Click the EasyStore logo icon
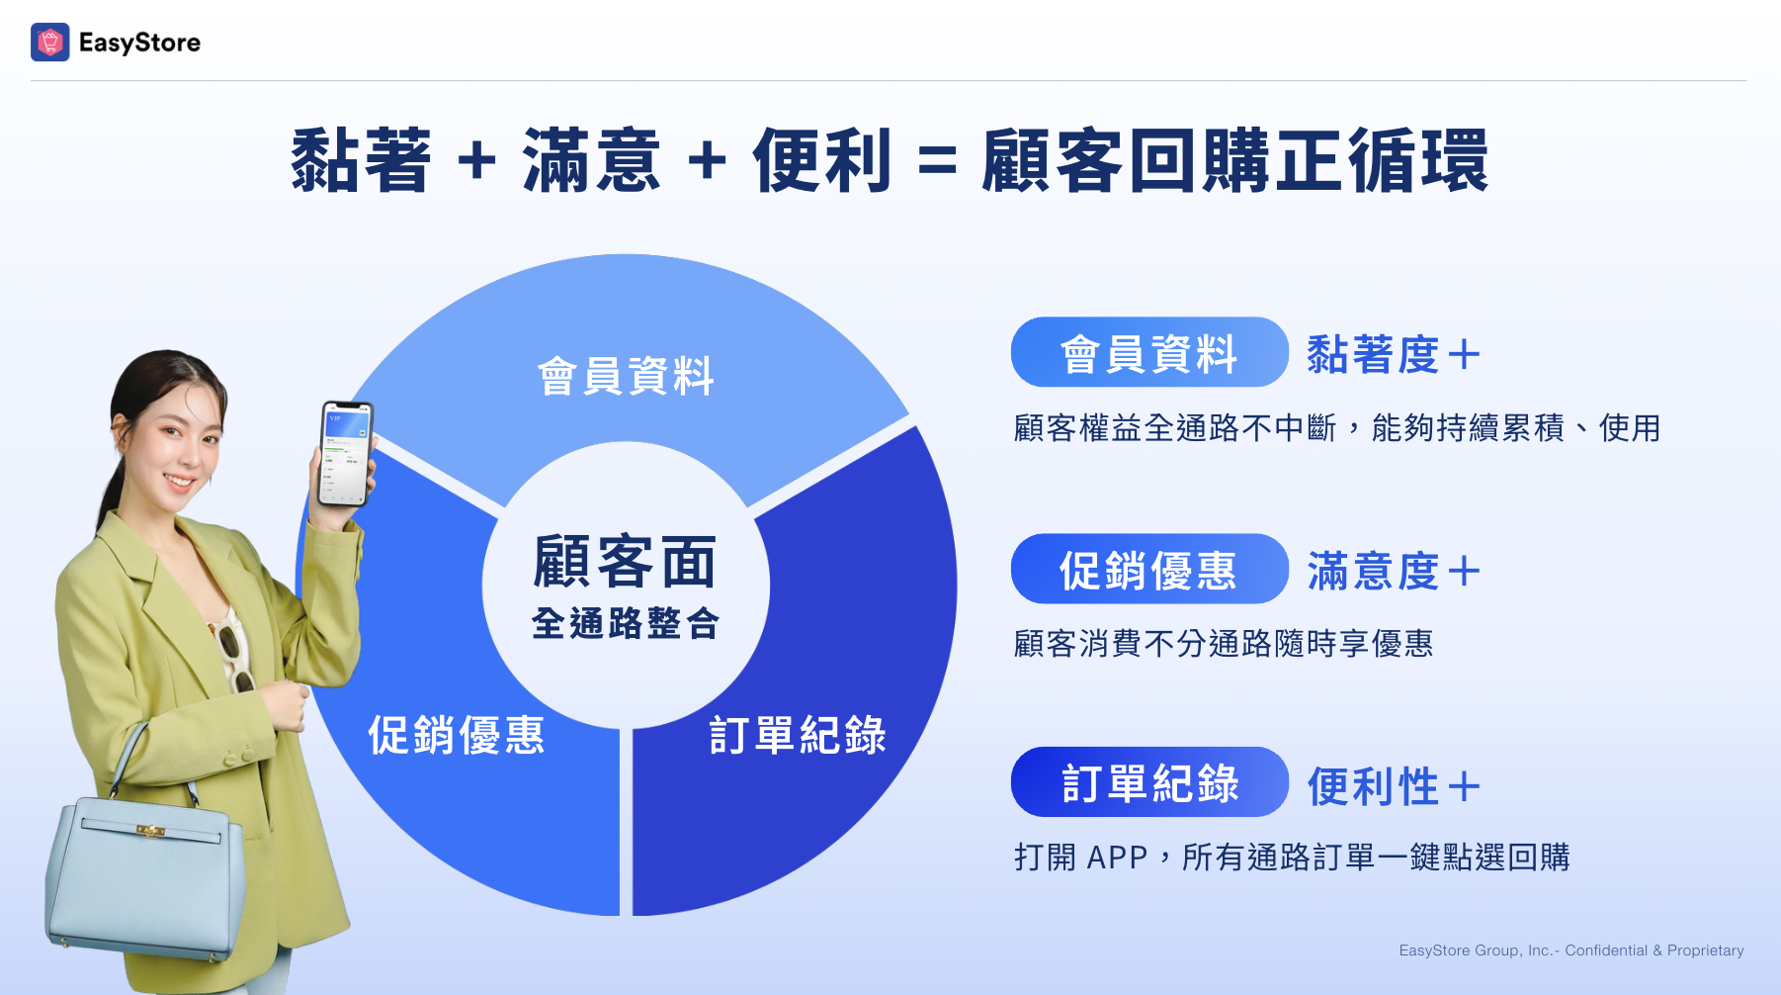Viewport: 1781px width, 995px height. pos(50,43)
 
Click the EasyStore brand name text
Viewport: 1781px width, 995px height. pos(139,43)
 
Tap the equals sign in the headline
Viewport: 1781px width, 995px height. pos(937,161)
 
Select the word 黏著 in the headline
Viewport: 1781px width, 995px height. pos(361,160)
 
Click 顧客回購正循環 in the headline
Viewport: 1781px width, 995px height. pos(1234,160)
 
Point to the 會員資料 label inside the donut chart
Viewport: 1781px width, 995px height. pos(626,376)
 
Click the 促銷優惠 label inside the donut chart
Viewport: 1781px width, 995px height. pos(457,735)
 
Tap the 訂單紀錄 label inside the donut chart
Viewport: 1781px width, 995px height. pos(798,735)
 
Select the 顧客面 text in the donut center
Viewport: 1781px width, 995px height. pos(625,561)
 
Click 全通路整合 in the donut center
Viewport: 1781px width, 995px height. pos(626,623)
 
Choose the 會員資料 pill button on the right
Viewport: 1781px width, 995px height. pos(1149,352)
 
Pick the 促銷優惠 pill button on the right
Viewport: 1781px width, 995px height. pos(1149,569)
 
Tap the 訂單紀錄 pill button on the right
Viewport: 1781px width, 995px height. pos(1149,781)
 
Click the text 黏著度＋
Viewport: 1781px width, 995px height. pos(1394,354)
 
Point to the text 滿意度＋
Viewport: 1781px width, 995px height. pos(1394,571)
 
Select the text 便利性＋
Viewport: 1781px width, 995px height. pos(1394,786)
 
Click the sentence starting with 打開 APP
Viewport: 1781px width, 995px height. pos(1292,857)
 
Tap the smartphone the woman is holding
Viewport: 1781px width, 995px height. pos(345,453)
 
